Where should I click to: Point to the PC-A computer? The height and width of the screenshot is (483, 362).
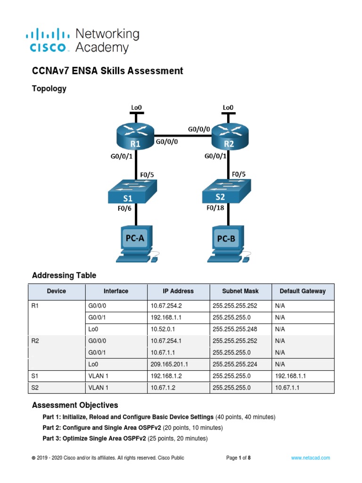coord(136,245)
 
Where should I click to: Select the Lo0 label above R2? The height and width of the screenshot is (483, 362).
coord(228,108)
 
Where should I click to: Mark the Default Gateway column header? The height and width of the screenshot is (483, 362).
coord(303,291)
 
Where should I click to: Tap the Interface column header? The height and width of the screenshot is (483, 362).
coord(116,291)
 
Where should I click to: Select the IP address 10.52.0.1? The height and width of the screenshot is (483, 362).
coord(164,329)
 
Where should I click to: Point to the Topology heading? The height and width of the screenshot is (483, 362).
coord(49,89)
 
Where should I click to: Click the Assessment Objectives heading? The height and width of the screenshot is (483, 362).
coord(75,405)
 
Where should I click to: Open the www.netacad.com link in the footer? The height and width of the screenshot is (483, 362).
coord(310,458)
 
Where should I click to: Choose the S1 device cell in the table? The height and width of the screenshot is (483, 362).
coord(34,375)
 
